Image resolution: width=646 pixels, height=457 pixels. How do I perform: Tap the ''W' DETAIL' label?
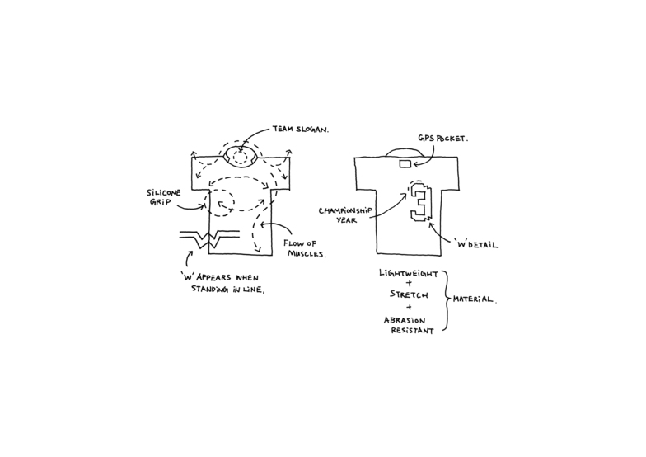tap(477, 245)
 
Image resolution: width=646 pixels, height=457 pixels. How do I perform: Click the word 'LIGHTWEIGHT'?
tap(410, 273)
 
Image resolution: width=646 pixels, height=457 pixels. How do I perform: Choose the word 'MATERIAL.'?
tap(474, 299)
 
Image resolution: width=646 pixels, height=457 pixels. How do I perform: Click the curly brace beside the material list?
tap(449, 301)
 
